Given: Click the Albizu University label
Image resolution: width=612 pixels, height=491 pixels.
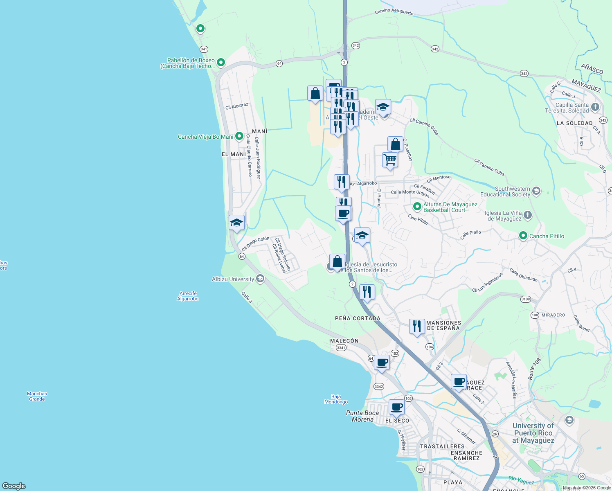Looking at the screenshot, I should [x=233, y=279].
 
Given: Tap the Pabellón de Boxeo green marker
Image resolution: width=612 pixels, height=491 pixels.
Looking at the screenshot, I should [x=221, y=63].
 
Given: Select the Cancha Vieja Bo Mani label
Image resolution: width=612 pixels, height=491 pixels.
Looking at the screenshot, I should [x=205, y=137].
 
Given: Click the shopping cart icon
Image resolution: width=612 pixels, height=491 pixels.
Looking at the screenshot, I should [x=390, y=160].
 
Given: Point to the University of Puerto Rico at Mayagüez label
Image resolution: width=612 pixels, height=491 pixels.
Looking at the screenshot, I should [x=533, y=433].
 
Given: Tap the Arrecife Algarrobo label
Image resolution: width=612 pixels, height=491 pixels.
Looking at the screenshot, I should [x=188, y=296].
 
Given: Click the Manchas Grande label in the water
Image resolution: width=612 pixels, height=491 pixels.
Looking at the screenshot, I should [x=37, y=396].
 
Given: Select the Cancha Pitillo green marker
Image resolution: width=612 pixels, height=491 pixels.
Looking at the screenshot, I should [x=523, y=236].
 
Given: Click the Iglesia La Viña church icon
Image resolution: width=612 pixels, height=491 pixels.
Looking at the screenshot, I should [x=528, y=215].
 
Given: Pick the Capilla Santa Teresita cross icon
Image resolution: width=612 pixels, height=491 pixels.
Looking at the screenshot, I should [x=595, y=107].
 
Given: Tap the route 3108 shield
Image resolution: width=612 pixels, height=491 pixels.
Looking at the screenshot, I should [x=526, y=299].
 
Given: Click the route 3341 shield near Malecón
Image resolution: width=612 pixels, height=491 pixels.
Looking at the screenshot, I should [x=341, y=348].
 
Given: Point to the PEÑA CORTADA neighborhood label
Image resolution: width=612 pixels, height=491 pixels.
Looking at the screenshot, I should [x=358, y=318].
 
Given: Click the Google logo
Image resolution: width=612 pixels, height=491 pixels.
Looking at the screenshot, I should [x=14, y=486].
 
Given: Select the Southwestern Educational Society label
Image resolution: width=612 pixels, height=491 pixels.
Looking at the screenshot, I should [x=512, y=191].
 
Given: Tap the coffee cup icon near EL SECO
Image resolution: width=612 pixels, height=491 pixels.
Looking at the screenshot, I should [x=396, y=407].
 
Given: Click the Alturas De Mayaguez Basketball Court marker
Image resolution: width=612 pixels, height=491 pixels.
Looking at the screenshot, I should [x=417, y=207].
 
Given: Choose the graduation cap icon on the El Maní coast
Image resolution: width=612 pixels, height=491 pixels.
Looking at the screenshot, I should [x=236, y=223].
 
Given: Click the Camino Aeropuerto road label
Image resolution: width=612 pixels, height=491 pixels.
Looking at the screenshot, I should [x=394, y=12].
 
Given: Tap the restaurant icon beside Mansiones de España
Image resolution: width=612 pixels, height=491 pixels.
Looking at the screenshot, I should [x=417, y=327].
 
